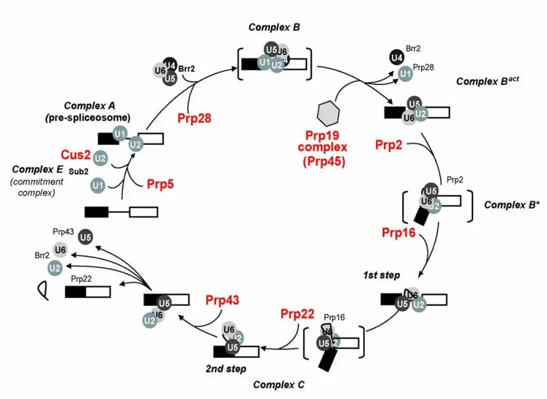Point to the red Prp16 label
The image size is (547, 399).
(399, 233)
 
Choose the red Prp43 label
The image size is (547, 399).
(222, 300)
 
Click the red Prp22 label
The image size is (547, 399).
(297, 314)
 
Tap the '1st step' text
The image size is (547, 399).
(381, 274)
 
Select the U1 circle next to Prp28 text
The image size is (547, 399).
(405, 73)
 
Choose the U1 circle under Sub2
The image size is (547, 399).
(98, 185)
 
